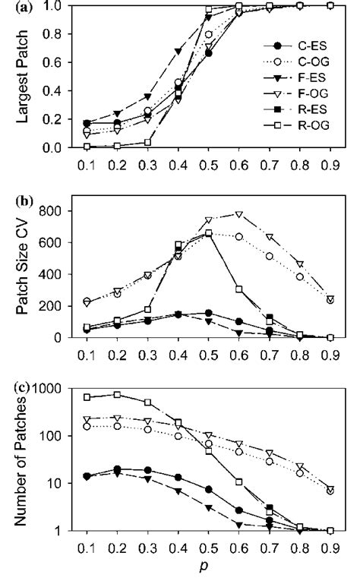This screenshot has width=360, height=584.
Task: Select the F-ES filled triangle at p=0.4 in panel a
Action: point(178,51)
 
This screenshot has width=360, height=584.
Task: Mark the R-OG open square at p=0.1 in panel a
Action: point(87,146)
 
